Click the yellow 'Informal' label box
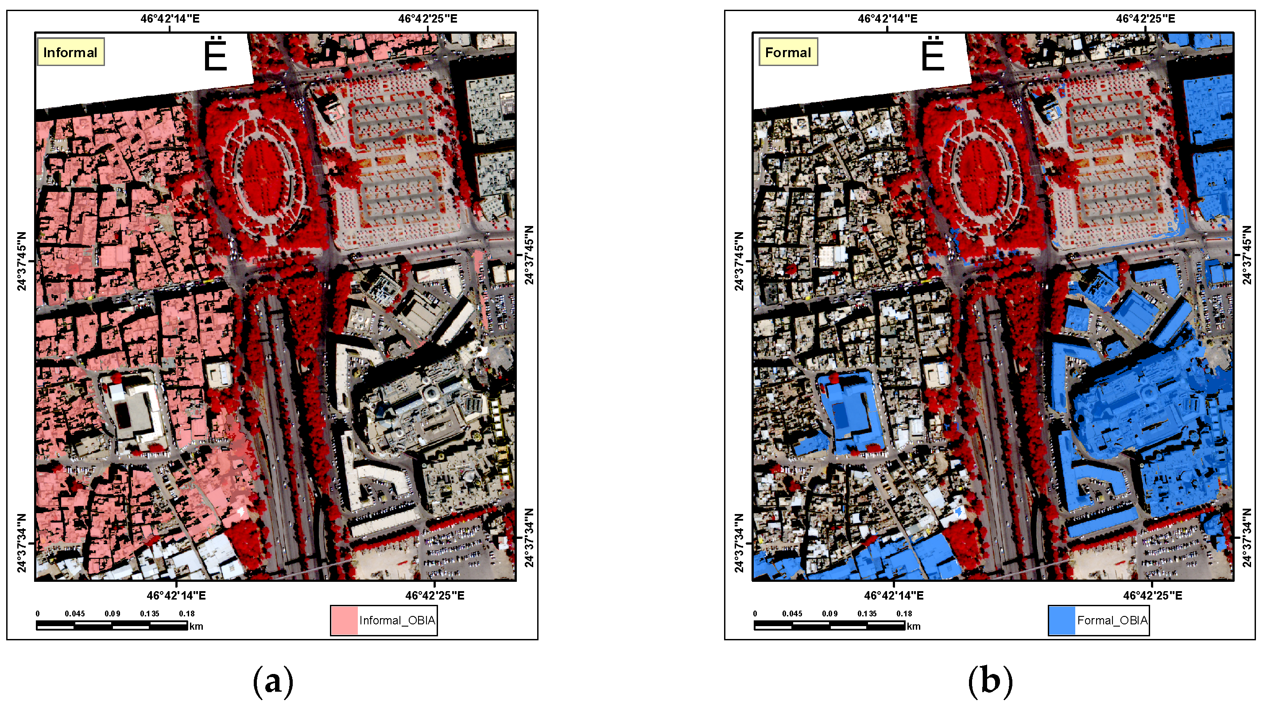coord(70,52)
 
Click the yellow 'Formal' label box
coord(787,52)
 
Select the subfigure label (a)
coord(273,682)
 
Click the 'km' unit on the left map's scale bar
coord(196,627)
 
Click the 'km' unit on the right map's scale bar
coord(913,627)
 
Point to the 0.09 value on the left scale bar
coord(112,614)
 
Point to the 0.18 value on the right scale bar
coord(904,614)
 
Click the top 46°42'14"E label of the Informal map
coord(170,19)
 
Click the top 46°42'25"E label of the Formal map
coord(1145,19)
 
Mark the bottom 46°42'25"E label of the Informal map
coord(435,596)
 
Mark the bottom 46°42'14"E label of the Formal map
coord(894,596)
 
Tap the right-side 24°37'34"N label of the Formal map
coord(1247,538)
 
